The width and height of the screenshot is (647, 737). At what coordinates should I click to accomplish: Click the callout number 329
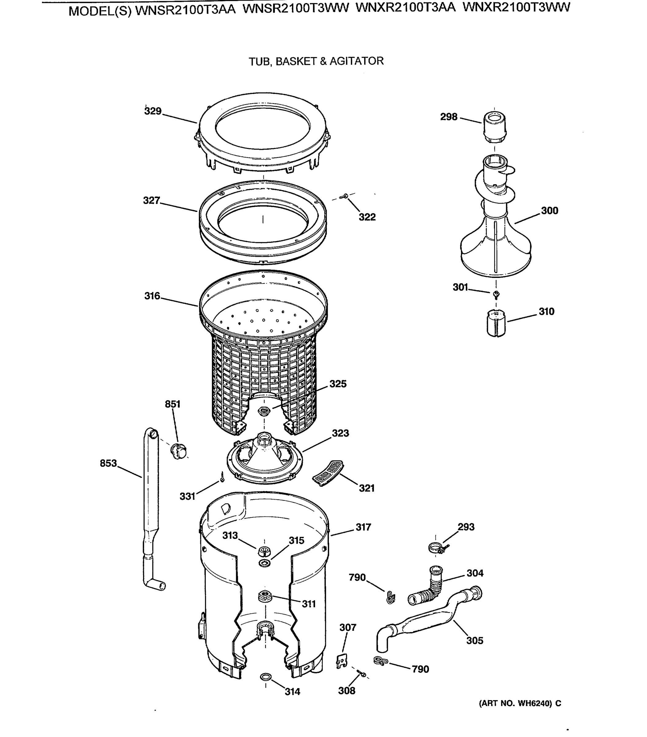click(153, 111)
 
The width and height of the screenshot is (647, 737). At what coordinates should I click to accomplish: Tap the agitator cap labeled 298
click(494, 127)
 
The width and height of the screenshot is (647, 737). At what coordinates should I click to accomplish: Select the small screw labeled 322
click(345, 196)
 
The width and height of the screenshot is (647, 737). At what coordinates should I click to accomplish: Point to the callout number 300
click(549, 211)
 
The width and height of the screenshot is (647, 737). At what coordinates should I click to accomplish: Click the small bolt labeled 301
click(496, 294)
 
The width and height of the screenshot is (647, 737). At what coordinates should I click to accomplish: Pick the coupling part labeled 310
click(496, 323)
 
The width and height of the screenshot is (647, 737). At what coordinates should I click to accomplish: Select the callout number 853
click(108, 463)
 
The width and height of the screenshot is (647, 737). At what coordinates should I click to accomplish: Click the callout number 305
click(474, 640)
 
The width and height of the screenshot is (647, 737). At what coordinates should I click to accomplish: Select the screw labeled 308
click(361, 673)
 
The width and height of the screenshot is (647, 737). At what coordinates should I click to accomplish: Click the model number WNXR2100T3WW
click(516, 8)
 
